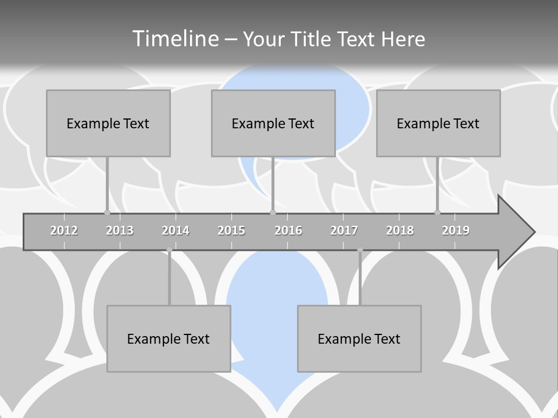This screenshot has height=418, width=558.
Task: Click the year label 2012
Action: pos(64,230)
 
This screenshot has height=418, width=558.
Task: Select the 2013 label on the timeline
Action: pos(120,230)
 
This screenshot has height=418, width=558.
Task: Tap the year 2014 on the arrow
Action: pos(176,230)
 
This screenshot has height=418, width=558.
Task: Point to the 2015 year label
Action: pos(231,230)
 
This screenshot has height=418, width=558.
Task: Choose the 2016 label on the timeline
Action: pos(288,230)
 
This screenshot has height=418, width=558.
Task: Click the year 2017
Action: pos(344,230)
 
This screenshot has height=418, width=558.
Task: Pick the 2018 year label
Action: pos(400,230)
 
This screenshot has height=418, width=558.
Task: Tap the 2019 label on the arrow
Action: pos(456,230)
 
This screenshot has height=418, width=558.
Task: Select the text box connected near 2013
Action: pos(108,123)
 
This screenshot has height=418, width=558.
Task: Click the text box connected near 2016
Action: pos(273,123)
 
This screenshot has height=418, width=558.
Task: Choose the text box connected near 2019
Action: pos(438,123)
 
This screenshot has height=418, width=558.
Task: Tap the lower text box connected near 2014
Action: pos(169,338)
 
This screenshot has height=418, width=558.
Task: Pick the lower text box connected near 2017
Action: pos(359,338)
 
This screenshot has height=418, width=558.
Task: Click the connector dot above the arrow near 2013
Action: pos(107,212)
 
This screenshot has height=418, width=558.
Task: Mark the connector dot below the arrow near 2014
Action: pos(169,250)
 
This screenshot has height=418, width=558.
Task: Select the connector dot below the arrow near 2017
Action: pos(360,250)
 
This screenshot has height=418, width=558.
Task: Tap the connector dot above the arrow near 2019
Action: pos(437,212)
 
